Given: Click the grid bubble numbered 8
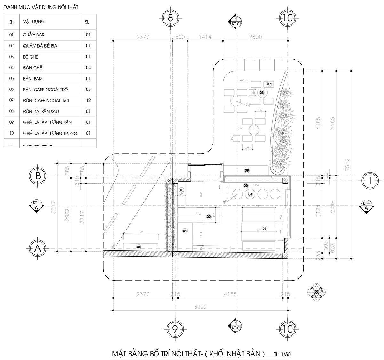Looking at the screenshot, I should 171,18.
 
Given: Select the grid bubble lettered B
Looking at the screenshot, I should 38,176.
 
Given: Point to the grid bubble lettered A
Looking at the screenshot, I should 38,248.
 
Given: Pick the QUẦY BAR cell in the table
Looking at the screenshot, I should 34,35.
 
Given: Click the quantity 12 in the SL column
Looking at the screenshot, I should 88,100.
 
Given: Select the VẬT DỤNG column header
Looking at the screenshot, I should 34,22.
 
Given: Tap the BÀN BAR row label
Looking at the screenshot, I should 32,79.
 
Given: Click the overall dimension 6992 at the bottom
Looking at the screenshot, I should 201,307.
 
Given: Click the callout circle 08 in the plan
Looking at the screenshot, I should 139,247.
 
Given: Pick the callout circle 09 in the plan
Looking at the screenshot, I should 247,170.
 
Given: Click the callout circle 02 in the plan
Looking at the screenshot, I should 209,217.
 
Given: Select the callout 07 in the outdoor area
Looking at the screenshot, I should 269,84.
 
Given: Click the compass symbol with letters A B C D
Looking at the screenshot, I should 316,292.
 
